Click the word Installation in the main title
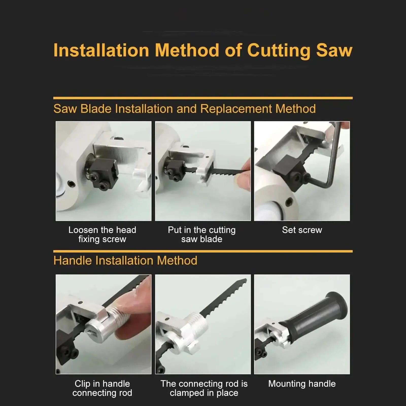tap(101, 50)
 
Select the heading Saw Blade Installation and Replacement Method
tap(184, 109)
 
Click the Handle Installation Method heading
tap(125, 261)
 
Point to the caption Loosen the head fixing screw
tap(102, 234)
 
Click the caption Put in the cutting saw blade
tap(202, 234)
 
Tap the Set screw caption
tap(302, 230)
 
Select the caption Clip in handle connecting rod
tap(102, 388)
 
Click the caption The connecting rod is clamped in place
tap(204, 388)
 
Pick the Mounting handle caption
tap(302, 384)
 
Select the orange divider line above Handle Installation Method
tap(203, 251)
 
